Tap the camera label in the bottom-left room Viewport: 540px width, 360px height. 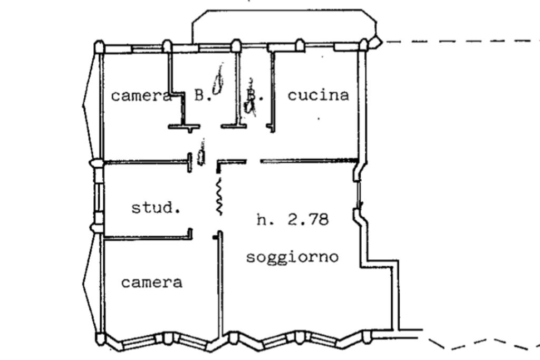[152, 283]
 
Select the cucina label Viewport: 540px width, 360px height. [318, 95]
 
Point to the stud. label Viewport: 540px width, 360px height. [156, 208]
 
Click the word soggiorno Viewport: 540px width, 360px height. [292, 257]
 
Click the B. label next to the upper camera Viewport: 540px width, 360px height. [202, 95]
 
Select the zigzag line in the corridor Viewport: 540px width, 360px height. [219, 197]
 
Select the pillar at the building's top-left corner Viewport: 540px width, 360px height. [99, 48]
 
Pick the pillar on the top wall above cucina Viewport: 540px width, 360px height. [299, 45]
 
